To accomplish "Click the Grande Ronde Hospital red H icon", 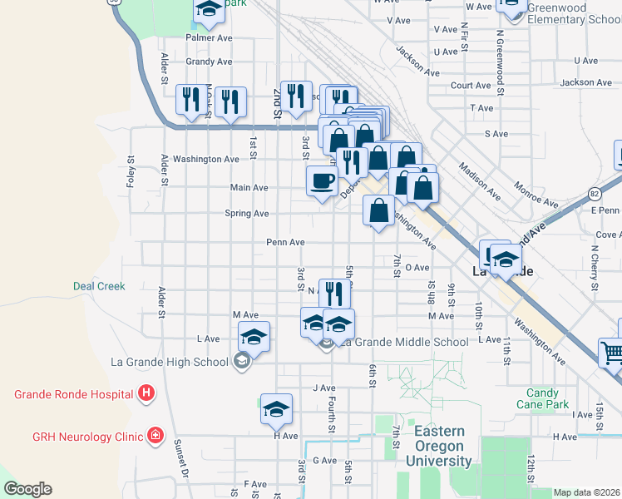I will tap(146, 393).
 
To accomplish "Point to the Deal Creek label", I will tap(99, 286).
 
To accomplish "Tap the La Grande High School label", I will tap(169, 362).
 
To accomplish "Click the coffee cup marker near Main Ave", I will tap(322, 180).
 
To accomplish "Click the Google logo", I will tap(27, 489).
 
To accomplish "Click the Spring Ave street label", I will tap(247, 214).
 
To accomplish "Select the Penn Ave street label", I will tap(285, 242).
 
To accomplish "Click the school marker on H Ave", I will tap(276, 408).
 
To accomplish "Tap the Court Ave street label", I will tap(471, 86).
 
